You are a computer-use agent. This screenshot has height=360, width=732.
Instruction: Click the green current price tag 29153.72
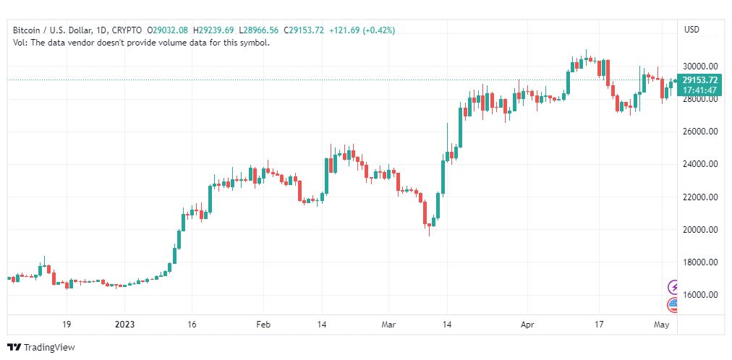699,80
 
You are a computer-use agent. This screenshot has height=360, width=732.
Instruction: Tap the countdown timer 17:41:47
699,89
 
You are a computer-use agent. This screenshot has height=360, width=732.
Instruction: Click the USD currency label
691,30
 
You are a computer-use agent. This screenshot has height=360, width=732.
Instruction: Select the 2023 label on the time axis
124,325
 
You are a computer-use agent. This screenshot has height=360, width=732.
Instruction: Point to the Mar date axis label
388,325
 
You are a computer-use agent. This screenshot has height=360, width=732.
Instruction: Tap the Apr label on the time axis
527,325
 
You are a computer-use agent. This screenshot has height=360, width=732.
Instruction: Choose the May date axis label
662,325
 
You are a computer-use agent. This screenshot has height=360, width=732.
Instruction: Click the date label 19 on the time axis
67,325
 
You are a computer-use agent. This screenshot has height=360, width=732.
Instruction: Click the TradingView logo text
49,348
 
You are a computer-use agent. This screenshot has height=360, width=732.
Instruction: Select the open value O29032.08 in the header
168,30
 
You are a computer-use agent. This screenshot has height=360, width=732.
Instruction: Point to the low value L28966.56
259,30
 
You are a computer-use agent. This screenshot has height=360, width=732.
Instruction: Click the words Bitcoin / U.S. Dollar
52,30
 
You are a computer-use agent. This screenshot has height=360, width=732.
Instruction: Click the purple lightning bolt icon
673,287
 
